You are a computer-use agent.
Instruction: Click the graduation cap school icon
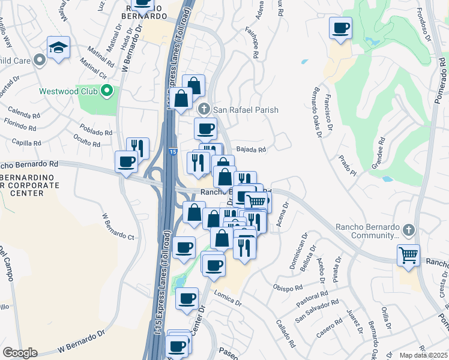pyautogui.click(x=58, y=47)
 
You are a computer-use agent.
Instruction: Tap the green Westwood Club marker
pyautogui.click(x=107, y=92)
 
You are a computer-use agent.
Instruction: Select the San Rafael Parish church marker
pyautogui.click(x=203, y=109)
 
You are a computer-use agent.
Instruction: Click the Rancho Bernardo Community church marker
pyautogui.click(x=408, y=230)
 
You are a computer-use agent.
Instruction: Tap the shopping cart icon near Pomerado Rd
pyautogui.click(x=408, y=254)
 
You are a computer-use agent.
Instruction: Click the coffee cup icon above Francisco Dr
pyautogui.click(x=340, y=28)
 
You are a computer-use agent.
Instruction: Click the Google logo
pyautogui.click(x=20, y=353)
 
